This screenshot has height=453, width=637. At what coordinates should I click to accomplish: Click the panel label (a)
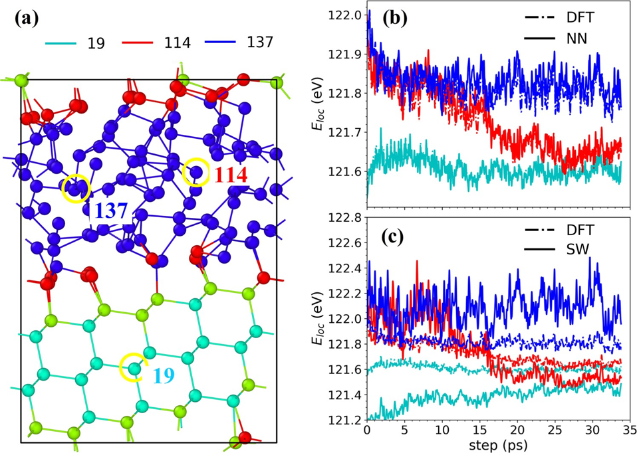pyautogui.click(x=27, y=19)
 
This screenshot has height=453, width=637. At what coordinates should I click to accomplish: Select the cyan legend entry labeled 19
pyautogui.click(x=76, y=43)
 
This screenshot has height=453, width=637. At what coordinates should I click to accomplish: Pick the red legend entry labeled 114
pyautogui.click(x=156, y=43)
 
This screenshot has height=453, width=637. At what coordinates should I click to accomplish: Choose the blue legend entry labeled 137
pyautogui.click(x=239, y=42)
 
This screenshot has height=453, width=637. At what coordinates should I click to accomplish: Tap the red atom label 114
pyautogui.click(x=231, y=175)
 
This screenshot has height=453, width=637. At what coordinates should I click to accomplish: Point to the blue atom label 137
pyautogui.click(x=111, y=211)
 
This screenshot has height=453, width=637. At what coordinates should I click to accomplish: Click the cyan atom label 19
pyautogui.click(x=164, y=376)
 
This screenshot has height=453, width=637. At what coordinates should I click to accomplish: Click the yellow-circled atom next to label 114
pyautogui.click(x=197, y=172)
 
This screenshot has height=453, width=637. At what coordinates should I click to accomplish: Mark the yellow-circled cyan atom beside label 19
pyautogui.click(x=134, y=369)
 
